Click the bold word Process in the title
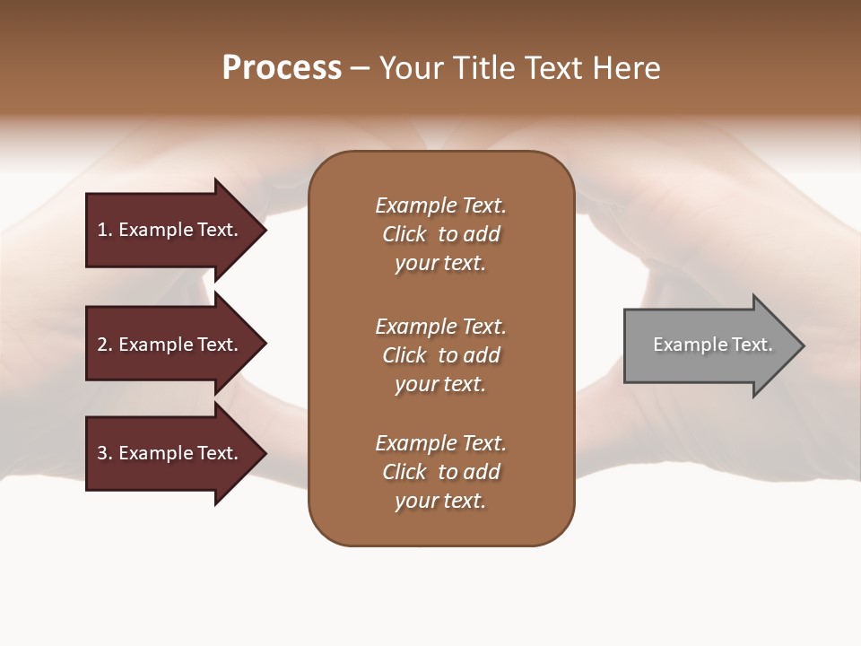[282, 68]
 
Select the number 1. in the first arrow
[105, 230]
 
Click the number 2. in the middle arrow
[105, 345]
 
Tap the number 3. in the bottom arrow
[105, 453]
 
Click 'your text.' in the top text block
[440, 264]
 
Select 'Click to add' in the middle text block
[440, 355]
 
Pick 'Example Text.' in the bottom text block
[440, 443]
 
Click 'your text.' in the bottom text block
[440, 501]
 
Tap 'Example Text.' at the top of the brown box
[440, 205]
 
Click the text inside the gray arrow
[712, 345]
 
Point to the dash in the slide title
[361, 69]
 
